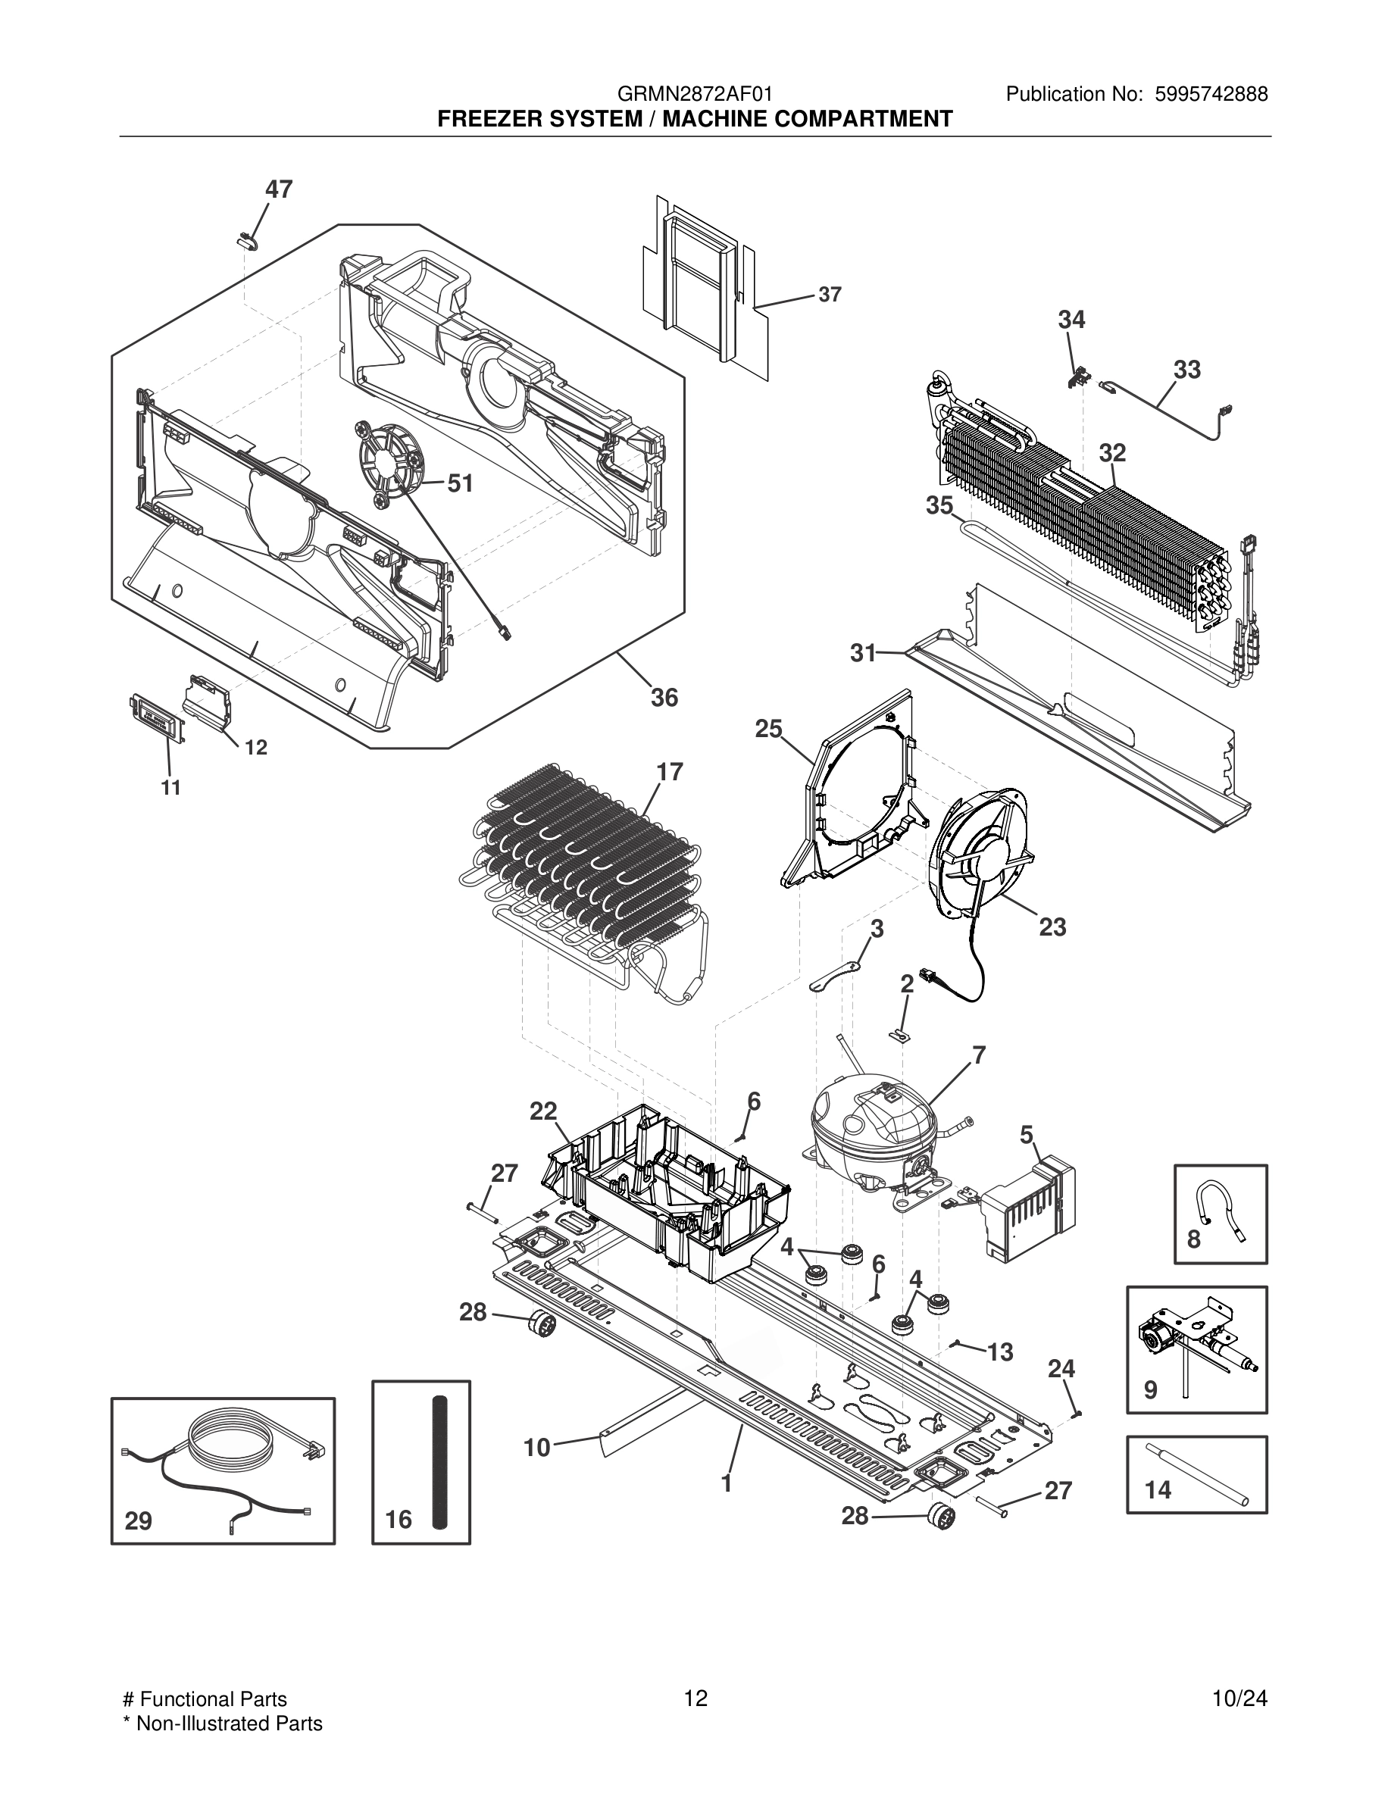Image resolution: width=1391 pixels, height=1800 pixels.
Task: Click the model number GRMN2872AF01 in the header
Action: pyautogui.click(x=695, y=95)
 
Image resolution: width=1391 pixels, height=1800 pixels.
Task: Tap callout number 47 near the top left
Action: pyautogui.click(x=279, y=189)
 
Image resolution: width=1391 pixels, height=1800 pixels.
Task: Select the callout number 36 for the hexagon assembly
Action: pyautogui.click(x=664, y=698)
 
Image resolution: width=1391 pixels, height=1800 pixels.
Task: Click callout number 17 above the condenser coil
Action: pyautogui.click(x=670, y=772)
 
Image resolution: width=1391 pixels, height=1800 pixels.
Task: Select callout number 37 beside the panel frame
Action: pyautogui.click(x=830, y=294)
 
